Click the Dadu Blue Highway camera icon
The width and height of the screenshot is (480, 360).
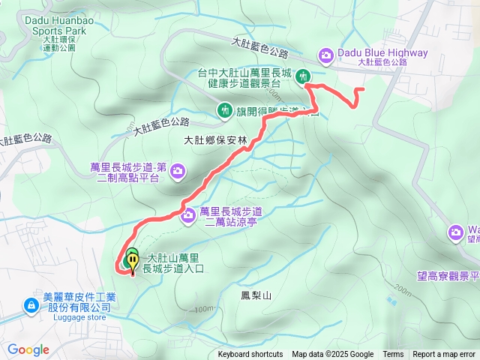(326, 54)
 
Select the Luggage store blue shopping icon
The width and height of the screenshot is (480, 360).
(31, 305)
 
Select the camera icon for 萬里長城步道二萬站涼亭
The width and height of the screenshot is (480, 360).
(188, 217)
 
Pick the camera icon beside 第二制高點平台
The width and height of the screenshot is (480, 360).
(178, 172)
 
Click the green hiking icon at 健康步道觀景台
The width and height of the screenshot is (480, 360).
(304, 75)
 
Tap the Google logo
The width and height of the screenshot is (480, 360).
(28, 349)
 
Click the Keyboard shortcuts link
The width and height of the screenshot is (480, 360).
(250, 355)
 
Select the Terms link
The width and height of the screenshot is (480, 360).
(393, 355)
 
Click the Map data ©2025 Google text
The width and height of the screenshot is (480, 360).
(333, 355)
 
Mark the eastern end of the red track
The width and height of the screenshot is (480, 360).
(363, 89)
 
